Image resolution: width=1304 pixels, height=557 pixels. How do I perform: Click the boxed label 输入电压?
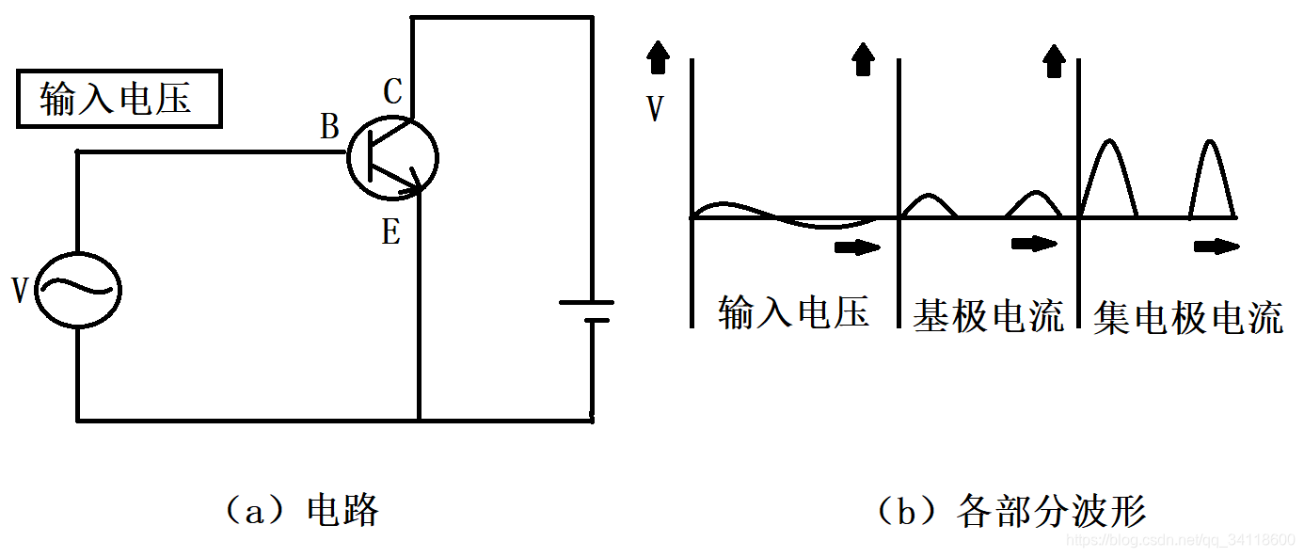click(x=119, y=99)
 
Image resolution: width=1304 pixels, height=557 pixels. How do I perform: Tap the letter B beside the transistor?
click(x=329, y=127)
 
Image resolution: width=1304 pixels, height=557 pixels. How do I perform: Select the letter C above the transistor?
click(x=393, y=91)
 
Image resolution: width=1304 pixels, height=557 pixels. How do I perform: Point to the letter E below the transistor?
click(x=391, y=232)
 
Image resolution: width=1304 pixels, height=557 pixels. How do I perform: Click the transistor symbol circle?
click(x=392, y=159)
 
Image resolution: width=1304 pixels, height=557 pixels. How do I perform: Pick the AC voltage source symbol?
click(x=78, y=290)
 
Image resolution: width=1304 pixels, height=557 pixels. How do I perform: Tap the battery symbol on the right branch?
click(x=587, y=310)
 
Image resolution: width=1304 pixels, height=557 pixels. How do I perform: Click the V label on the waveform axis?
click(x=655, y=110)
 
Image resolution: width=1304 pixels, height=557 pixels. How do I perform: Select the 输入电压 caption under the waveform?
click(x=792, y=312)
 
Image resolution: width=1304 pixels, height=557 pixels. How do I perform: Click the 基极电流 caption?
click(x=988, y=315)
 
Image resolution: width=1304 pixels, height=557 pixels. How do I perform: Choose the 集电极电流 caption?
click(x=1188, y=319)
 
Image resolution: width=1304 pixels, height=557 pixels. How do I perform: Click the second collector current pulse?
click(x=1210, y=179)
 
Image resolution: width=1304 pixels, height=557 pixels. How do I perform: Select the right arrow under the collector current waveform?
click(x=1216, y=247)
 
